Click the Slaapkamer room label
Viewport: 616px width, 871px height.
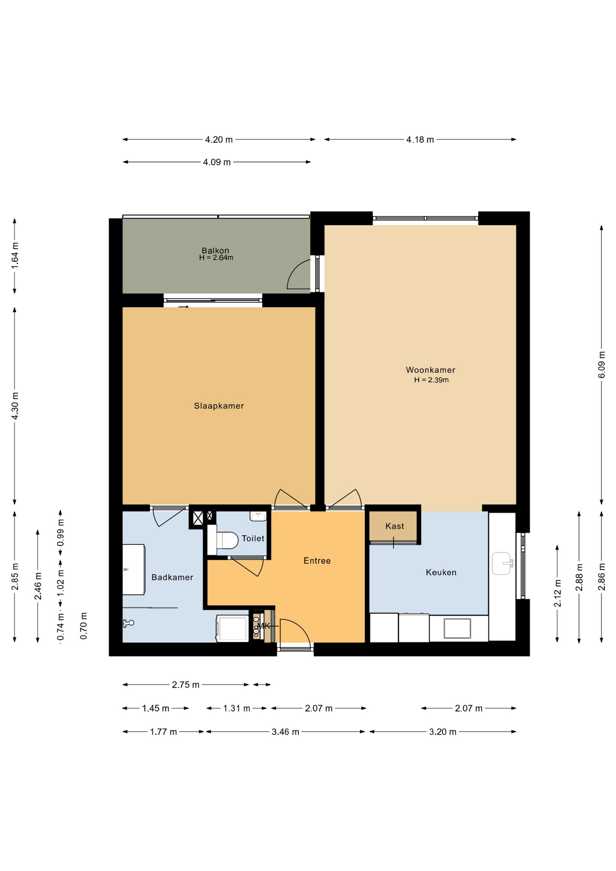click(x=219, y=406)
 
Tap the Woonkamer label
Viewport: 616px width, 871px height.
click(x=430, y=370)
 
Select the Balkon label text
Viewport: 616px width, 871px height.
click(x=215, y=250)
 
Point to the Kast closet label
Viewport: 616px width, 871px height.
click(x=395, y=526)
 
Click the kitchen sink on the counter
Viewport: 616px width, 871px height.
click(x=502, y=563)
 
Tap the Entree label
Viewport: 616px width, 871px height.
click(x=317, y=561)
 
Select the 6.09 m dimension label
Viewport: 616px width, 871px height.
click(x=601, y=364)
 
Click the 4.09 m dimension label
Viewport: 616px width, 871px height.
click(x=217, y=162)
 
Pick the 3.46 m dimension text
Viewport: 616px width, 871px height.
click(x=285, y=732)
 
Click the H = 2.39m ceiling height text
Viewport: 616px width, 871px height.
click(x=431, y=380)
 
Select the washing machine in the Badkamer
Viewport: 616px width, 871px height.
click(x=232, y=628)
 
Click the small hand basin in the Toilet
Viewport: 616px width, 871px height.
click(x=258, y=516)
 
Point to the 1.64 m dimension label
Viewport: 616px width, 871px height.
click(x=15, y=255)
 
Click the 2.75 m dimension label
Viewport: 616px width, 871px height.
click(x=186, y=685)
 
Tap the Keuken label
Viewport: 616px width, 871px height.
click(x=441, y=573)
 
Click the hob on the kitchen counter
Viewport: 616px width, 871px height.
click(x=457, y=628)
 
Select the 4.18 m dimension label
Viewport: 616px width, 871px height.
click(x=420, y=140)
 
